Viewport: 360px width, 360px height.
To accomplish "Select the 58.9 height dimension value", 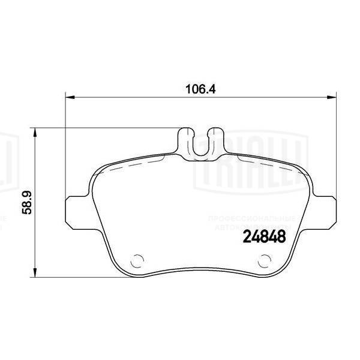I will pyautogui.click(x=25, y=200).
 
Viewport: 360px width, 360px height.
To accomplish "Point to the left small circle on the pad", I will pyautogui.click(x=136, y=260).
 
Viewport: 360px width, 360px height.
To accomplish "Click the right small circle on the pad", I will pyautogui.click(x=264, y=260).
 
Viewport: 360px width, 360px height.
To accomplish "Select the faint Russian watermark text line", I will pyautogui.click(x=252, y=220).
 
